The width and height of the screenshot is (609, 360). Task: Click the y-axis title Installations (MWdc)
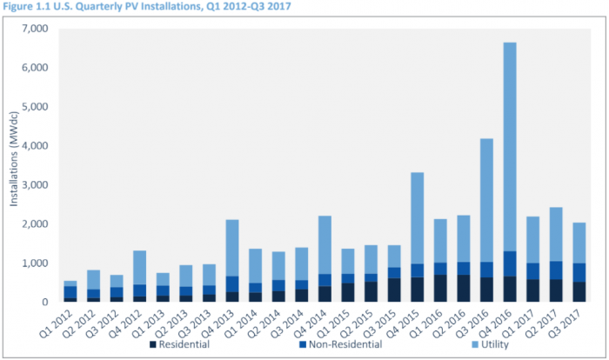pyautogui.click(x=15, y=165)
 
